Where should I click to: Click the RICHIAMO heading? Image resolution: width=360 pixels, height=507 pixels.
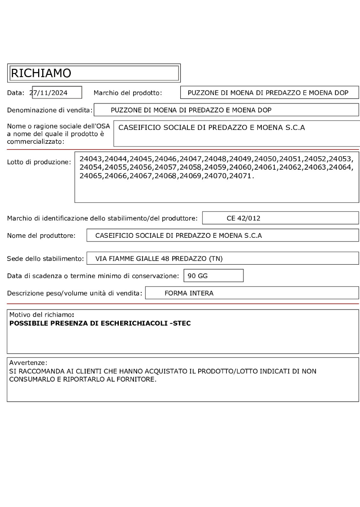(41, 73)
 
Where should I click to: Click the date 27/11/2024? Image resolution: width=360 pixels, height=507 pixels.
(51, 93)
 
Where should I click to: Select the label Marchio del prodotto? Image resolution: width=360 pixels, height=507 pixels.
(127, 93)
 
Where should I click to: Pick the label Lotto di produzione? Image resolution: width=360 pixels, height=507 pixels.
(39, 162)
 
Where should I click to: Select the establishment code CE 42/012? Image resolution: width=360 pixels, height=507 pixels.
(243, 219)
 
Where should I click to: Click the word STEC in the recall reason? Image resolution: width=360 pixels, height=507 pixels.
(182, 323)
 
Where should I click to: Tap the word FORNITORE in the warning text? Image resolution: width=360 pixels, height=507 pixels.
(127, 379)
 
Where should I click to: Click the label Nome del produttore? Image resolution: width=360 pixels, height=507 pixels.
(41, 236)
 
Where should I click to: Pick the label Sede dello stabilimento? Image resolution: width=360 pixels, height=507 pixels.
(45, 258)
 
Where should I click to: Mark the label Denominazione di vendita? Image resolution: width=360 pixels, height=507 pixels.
(49, 110)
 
